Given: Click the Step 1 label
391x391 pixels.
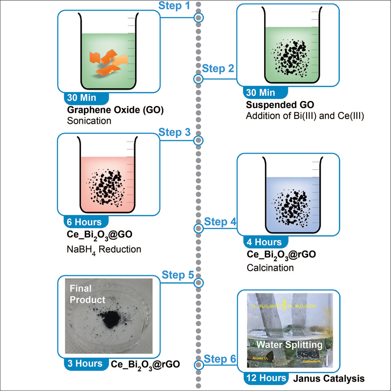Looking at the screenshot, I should pyautogui.click(x=174, y=6).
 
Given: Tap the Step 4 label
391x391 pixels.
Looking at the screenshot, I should pyautogui.click(x=220, y=222).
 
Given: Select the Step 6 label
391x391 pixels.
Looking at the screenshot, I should pyautogui.click(x=220, y=359).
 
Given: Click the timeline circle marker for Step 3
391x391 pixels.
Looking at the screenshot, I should pyautogui.click(x=199, y=141).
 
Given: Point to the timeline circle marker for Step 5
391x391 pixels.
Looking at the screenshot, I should pyautogui.click(x=199, y=283).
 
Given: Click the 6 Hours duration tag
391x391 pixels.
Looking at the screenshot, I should pyautogui.click(x=84, y=222).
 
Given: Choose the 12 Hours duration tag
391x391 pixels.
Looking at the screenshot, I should pyautogui.click(x=265, y=378).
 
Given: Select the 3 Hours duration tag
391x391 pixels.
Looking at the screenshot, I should pyautogui.click(x=84, y=364).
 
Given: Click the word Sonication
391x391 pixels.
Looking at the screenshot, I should pyautogui.click(x=89, y=121).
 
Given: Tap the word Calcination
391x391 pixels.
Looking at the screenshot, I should pyautogui.click(x=270, y=268).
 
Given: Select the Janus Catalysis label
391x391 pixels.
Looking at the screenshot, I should pyautogui.click(x=329, y=378).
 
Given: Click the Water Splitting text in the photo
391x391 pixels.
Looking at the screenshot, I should pyautogui.click(x=289, y=345).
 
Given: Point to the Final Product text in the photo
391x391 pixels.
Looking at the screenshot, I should pyautogui.click(x=88, y=294).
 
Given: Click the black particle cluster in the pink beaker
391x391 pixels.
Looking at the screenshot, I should pyautogui.click(x=106, y=188).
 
